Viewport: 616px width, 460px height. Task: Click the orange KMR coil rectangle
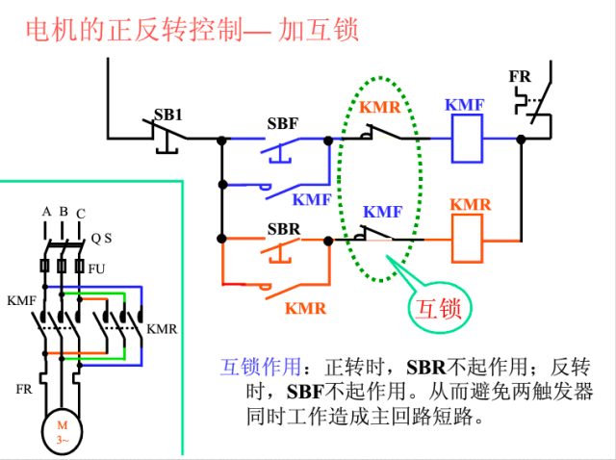[x=466, y=237]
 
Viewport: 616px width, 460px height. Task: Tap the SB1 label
[x=168, y=114]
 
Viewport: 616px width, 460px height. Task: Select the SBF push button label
[x=282, y=123]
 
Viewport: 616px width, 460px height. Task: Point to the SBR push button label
[x=283, y=229]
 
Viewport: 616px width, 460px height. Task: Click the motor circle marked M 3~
[x=62, y=431]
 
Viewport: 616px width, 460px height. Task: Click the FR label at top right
[x=520, y=76]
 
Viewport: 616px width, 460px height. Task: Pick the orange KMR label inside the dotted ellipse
[x=380, y=107]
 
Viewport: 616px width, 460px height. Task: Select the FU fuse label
[x=96, y=268]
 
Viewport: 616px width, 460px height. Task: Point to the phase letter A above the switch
[x=45, y=211]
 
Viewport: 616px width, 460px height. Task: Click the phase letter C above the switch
[x=80, y=213]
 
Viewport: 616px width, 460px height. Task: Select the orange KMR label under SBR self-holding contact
[x=305, y=308]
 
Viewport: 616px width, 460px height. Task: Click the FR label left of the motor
[x=24, y=390]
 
